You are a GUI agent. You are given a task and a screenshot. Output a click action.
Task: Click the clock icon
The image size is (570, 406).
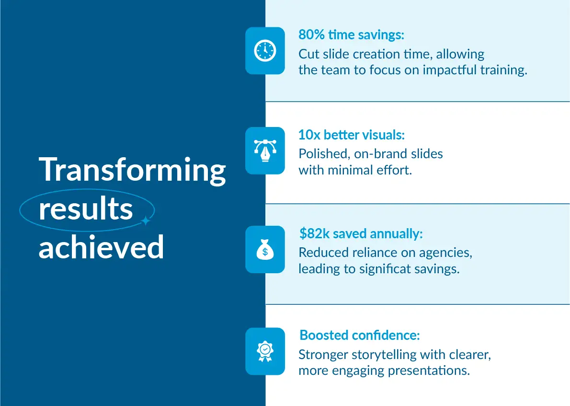pos(265,50)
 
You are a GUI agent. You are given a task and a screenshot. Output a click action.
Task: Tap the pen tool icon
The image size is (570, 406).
pos(265,150)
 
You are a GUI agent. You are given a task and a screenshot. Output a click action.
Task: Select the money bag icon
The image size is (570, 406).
pos(265,250)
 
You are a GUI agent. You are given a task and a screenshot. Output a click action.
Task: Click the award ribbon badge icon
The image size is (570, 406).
pos(265,351)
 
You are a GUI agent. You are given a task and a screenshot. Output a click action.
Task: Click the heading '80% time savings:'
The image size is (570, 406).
pos(351,35)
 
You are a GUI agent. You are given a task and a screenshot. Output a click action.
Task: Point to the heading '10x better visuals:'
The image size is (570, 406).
pos(352,135)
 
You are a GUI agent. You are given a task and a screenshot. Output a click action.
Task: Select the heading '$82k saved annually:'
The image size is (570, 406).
pos(361,233)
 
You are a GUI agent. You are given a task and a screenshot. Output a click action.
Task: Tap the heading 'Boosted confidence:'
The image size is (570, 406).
pos(360,335)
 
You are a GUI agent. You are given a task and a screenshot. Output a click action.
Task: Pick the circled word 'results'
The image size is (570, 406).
pos(86,209)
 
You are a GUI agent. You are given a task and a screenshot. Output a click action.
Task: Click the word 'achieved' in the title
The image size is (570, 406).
pos(102,247)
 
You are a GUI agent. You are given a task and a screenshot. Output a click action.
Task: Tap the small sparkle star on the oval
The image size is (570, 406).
pos(146,220)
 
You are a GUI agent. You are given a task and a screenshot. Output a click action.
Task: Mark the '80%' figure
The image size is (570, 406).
pos(311,35)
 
